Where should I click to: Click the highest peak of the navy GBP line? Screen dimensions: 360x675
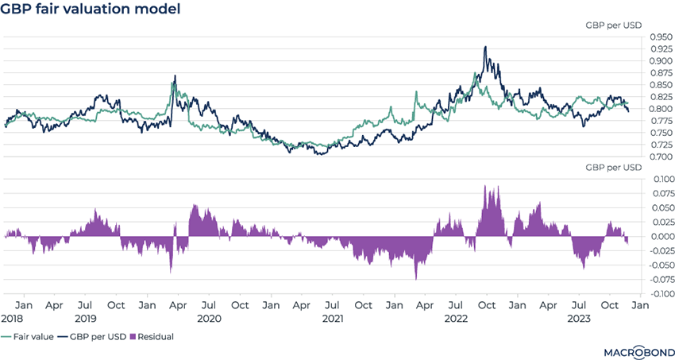click(x=485, y=47)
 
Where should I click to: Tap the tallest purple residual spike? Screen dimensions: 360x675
click(x=485, y=186)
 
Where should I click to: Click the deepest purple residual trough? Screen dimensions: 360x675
click(x=416, y=279)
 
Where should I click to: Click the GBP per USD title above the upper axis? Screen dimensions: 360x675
click(x=614, y=25)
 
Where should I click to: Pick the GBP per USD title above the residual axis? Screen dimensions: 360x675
click(x=614, y=168)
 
